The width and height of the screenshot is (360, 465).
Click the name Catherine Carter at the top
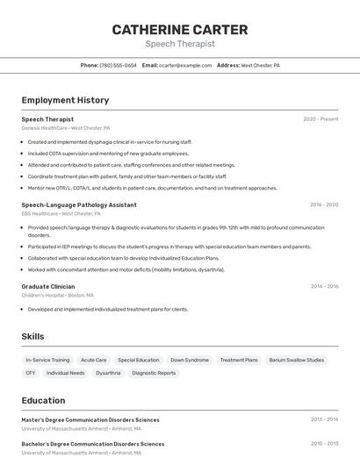point(180,30)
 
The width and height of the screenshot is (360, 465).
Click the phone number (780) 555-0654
point(118,65)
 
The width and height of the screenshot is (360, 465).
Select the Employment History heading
point(65,100)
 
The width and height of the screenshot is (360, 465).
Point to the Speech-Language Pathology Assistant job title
point(79,204)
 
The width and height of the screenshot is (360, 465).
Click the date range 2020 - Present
point(320,119)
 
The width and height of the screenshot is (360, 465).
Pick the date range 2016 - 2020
point(323,204)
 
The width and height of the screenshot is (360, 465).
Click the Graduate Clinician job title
point(48,286)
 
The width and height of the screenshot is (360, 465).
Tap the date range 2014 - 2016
point(323,286)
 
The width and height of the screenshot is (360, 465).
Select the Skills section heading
point(32,336)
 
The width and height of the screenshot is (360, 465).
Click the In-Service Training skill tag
point(47,360)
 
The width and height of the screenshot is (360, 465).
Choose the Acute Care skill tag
point(93,360)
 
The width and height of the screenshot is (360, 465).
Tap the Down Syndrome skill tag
point(190,360)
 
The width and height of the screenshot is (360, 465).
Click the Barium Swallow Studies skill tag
point(296,360)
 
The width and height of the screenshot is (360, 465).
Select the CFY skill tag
point(31,373)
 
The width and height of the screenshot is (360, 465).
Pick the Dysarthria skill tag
point(108,373)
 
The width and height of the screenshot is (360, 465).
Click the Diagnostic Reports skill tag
point(154,373)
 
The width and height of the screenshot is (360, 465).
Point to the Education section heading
point(43,400)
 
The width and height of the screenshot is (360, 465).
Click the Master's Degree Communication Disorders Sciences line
point(90,419)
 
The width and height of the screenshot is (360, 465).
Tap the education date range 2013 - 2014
point(323,419)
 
